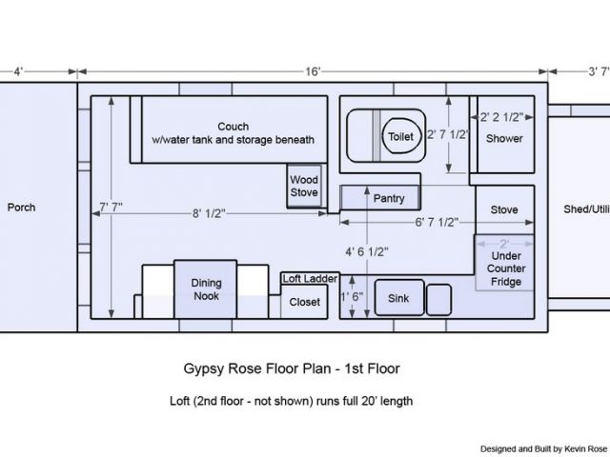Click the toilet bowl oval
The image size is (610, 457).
click(x=402, y=136)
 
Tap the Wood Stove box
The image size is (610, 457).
click(x=304, y=187)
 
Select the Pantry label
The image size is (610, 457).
click(x=389, y=198)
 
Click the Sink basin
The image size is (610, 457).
click(x=399, y=297)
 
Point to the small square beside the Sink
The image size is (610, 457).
click(x=438, y=299)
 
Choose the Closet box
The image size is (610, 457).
click(x=304, y=302)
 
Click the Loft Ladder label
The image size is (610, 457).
click(x=310, y=279)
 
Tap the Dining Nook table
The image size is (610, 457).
click(x=206, y=289)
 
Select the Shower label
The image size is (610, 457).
click(x=504, y=138)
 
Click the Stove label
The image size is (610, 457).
click(x=504, y=209)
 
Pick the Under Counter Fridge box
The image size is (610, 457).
click(x=504, y=263)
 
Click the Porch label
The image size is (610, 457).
click(x=21, y=208)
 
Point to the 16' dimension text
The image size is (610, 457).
click(x=313, y=71)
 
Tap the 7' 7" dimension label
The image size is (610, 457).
click(x=112, y=208)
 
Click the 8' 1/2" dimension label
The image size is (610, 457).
click(x=209, y=213)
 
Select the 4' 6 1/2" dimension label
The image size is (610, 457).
click(x=367, y=251)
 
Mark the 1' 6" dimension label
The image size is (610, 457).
click(x=352, y=296)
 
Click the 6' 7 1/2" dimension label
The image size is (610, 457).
click(x=437, y=222)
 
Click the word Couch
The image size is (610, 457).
click(x=233, y=127)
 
